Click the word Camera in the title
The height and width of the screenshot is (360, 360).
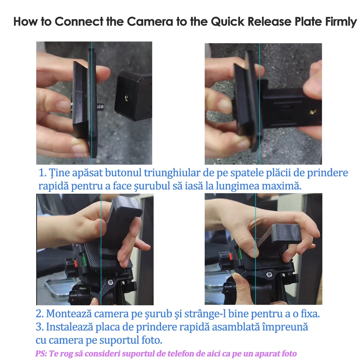coord(150,22)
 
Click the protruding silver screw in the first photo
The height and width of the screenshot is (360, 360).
coord(100,107)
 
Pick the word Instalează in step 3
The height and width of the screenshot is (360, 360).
coord(69,327)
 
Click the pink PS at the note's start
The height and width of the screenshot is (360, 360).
coord(41,354)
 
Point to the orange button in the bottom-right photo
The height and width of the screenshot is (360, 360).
coord(230,256)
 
